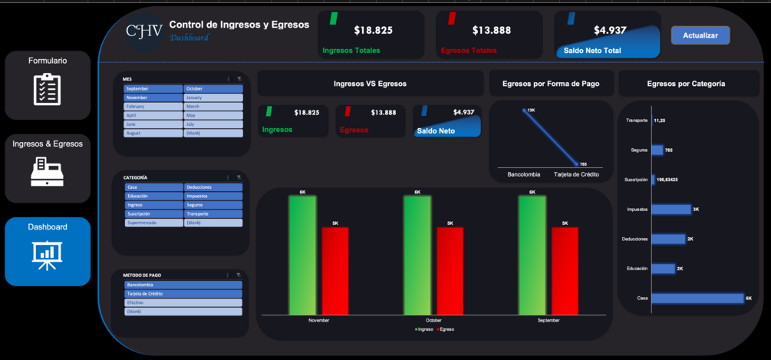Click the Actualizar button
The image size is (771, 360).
(x=700, y=35)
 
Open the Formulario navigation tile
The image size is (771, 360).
(x=48, y=85)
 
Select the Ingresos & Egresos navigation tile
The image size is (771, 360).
(x=48, y=168)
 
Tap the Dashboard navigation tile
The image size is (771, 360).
(x=48, y=251)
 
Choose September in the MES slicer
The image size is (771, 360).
(x=153, y=89)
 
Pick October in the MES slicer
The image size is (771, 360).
(x=213, y=89)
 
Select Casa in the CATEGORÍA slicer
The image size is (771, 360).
(x=153, y=187)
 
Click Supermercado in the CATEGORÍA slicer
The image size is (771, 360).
(x=153, y=223)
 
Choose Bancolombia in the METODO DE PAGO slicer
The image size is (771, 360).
(x=183, y=285)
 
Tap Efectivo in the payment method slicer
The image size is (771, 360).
(x=183, y=302)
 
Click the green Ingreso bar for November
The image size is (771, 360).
(x=302, y=255)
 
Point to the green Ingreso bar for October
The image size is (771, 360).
(x=417, y=255)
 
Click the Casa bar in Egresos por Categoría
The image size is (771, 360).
(x=697, y=298)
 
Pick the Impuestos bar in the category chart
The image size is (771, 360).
(x=671, y=210)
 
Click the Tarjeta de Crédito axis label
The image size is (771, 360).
(x=576, y=175)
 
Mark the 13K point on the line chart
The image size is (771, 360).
(x=525, y=111)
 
